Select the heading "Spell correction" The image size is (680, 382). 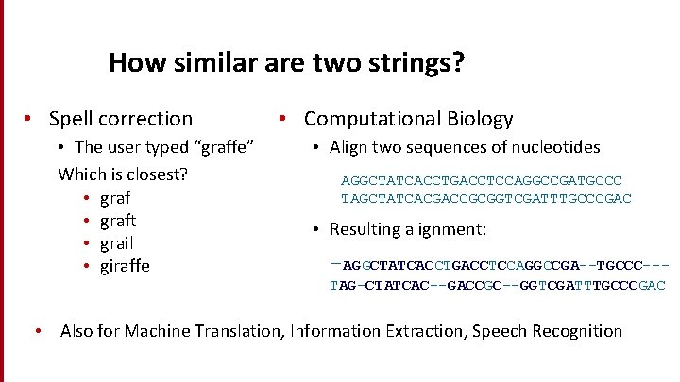[x=120, y=119]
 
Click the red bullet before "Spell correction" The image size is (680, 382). [x=30, y=119]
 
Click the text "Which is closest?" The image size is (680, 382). [x=123, y=174]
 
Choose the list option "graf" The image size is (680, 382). [x=115, y=198]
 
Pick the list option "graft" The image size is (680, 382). [x=118, y=221]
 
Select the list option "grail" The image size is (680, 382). [x=116, y=243]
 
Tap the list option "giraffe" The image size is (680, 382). [x=125, y=266]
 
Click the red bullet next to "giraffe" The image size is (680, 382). [x=86, y=266]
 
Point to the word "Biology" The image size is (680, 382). [x=481, y=119]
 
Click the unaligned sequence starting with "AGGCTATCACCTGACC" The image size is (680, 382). [x=482, y=180]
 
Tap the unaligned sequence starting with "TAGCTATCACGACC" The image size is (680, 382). [x=485, y=199]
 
